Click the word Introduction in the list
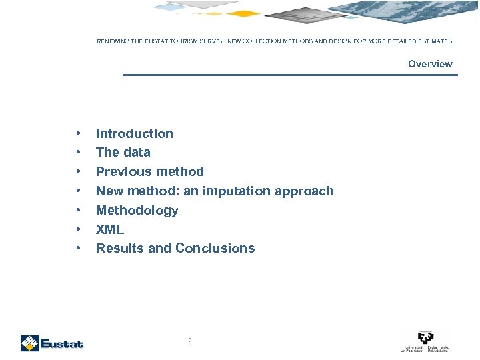pos(134,133)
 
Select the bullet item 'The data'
pos(123,152)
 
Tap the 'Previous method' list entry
pos(149,171)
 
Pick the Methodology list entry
pos(137,210)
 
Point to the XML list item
pos(110,229)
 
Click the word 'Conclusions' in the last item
pos(215,248)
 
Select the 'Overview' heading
pos(430,64)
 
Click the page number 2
pos(189,341)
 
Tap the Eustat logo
pos(51,343)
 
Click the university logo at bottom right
pos(425,341)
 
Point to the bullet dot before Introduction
pos(79,133)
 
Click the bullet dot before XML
pos(79,229)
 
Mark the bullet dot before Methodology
pos(79,210)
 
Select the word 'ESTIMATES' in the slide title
pos(435,41)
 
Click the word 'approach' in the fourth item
pos(304,191)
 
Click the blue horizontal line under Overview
pos(291,75)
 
